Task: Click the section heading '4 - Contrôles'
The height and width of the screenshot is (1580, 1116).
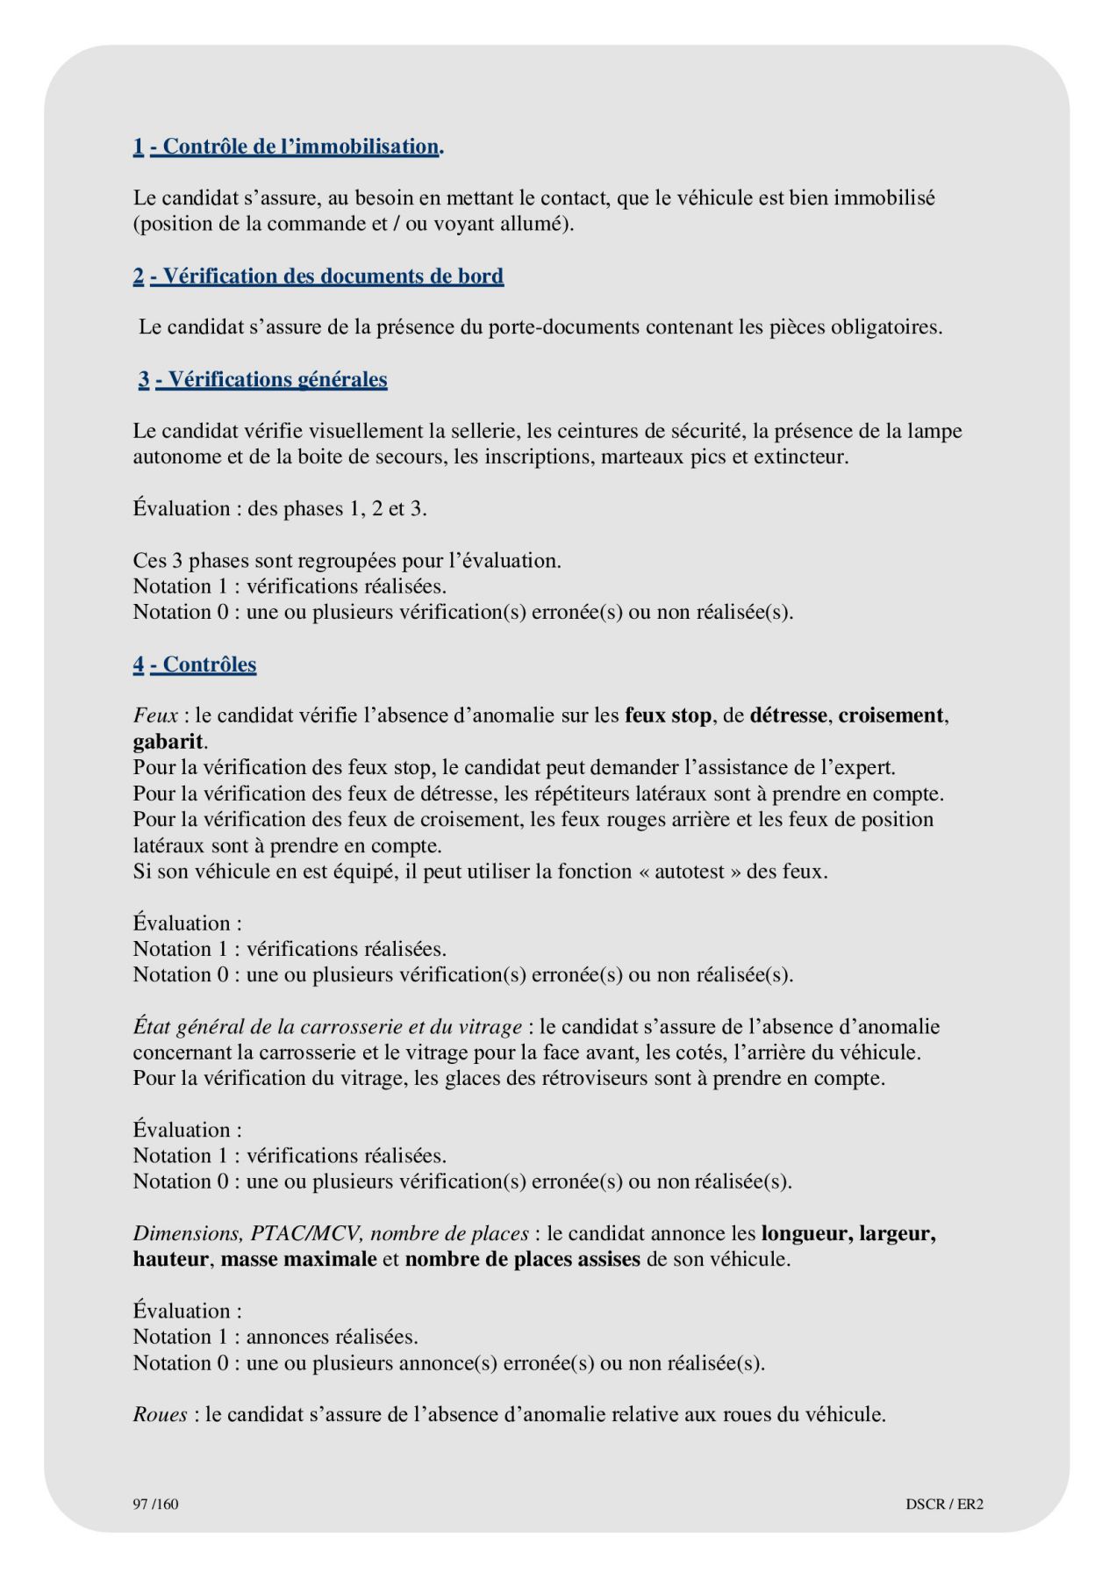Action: [x=195, y=664]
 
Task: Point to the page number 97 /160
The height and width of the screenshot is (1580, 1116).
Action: [x=155, y=1504]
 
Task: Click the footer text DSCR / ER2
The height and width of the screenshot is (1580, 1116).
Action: [x=944, y=1504]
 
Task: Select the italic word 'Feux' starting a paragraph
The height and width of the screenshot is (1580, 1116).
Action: [x=155, y=715]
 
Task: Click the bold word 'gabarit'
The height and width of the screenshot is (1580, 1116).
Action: [x=168, y=742]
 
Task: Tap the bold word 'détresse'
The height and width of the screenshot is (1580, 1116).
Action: [x=788, y=715]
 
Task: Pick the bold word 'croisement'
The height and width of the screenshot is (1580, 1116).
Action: [x=891, y=715]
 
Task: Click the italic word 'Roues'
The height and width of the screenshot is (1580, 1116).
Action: [x=160, y=1414]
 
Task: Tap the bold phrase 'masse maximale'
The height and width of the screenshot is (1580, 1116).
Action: [x=298, y=1259]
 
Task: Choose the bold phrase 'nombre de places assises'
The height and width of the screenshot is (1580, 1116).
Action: [x=522, y=1259]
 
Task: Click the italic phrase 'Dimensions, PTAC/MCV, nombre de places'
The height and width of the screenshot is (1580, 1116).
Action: [x=331, y=1233]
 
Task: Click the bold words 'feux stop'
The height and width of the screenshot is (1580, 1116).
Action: [x=668, y=715]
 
